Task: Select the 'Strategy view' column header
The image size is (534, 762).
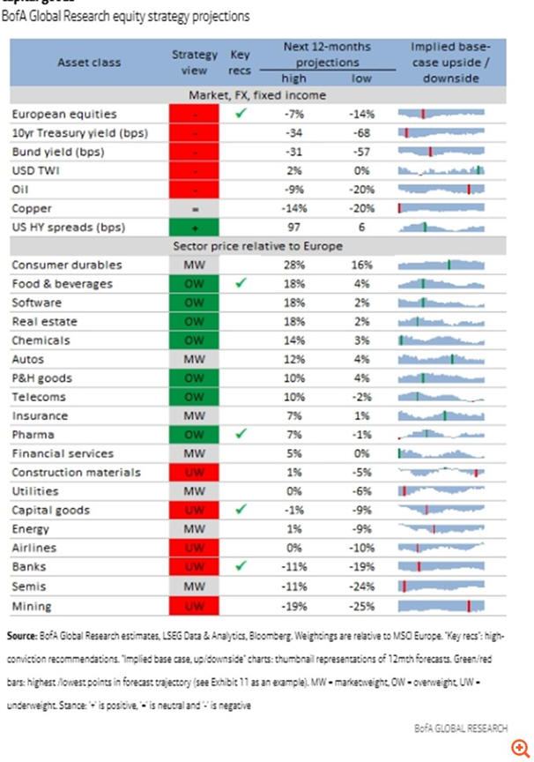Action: [195, 62]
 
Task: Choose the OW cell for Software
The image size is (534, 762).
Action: [195, 303]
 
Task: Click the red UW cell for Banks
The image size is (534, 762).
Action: [195, 567]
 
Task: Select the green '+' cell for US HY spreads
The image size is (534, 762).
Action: [195, 227]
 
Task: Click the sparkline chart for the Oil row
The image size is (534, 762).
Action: [441, 189]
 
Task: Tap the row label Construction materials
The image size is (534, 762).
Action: [76, 473]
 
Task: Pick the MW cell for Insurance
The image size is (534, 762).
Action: [195, 415]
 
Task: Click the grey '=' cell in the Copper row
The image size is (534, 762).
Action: [195, 208]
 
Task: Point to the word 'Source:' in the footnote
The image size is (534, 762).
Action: [21, 634]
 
